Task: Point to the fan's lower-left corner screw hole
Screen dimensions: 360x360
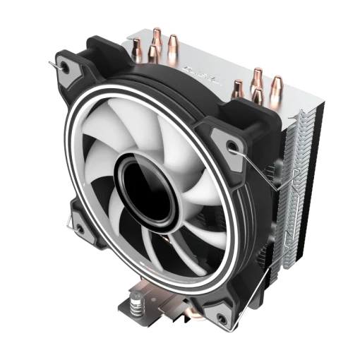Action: pyautogui.click(x=76, y=225)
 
